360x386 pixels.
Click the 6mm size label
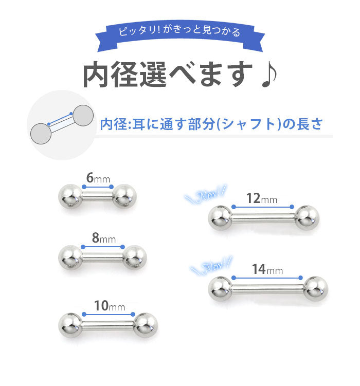tap(98, 178)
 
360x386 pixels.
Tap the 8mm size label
tap(104, 238)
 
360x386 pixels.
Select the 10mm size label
tap(110, 306)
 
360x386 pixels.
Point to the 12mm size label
tap(262, 198)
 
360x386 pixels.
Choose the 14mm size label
tap(267, 269)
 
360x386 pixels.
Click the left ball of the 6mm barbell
tap(70, 196)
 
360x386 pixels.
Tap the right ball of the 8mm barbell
tap(135, 258)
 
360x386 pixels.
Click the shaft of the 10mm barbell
tap(107, 325)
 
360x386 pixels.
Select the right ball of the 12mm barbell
tap(307, 218)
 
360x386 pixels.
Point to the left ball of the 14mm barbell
tap(220, 289)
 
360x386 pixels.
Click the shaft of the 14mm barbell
tap(267, 289)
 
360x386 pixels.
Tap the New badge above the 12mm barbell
tap(206, 195)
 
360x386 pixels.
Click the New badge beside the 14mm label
tap(211, 265)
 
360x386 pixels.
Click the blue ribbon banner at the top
tap(180, 35)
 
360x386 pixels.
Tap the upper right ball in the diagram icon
tap(83, 116)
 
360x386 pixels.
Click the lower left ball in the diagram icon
tap(41, 134)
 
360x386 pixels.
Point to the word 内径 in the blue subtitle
tap(114, 124)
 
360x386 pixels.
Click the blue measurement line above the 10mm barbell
tap(109, 315)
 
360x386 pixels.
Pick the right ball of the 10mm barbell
tap(145, 325)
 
